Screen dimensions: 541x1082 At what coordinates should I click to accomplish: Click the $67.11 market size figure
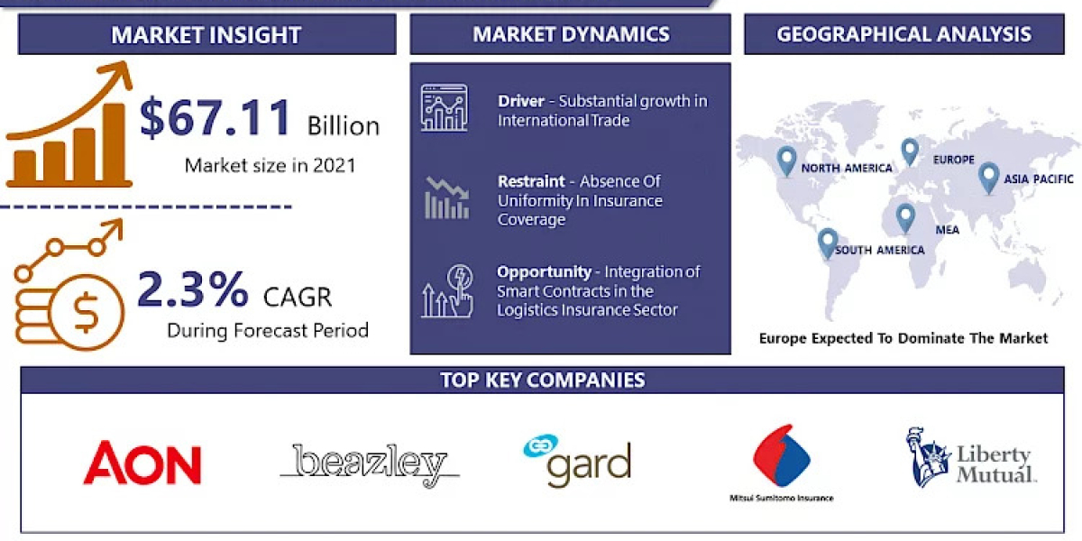tap(216, 118)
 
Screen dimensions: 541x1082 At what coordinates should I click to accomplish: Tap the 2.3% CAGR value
tap(192, 289)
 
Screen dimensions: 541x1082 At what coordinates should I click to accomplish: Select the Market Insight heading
tap(206, 35)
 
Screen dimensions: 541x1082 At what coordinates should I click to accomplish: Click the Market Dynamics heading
tap(571, 34)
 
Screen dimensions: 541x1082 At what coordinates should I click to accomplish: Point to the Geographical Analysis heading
tap(903, 34)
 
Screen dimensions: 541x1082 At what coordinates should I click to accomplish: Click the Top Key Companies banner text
tap(542, 380)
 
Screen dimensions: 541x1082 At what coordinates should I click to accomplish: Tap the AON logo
tap(142, 463)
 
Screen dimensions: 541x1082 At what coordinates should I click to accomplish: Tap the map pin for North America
tap(786, 160)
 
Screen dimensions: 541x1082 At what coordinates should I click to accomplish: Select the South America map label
tap(879, 250)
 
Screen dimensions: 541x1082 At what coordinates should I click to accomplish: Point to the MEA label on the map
tap(947, 229)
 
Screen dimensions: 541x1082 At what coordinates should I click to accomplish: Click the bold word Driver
tap(521, 101)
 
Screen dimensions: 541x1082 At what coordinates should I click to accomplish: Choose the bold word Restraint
tap(531, 181)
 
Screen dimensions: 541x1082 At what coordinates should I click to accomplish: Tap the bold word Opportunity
tap(544, 271)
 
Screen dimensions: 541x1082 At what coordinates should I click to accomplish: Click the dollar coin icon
tap(87, 312)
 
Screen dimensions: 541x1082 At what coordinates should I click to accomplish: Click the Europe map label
tap(954, 160)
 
